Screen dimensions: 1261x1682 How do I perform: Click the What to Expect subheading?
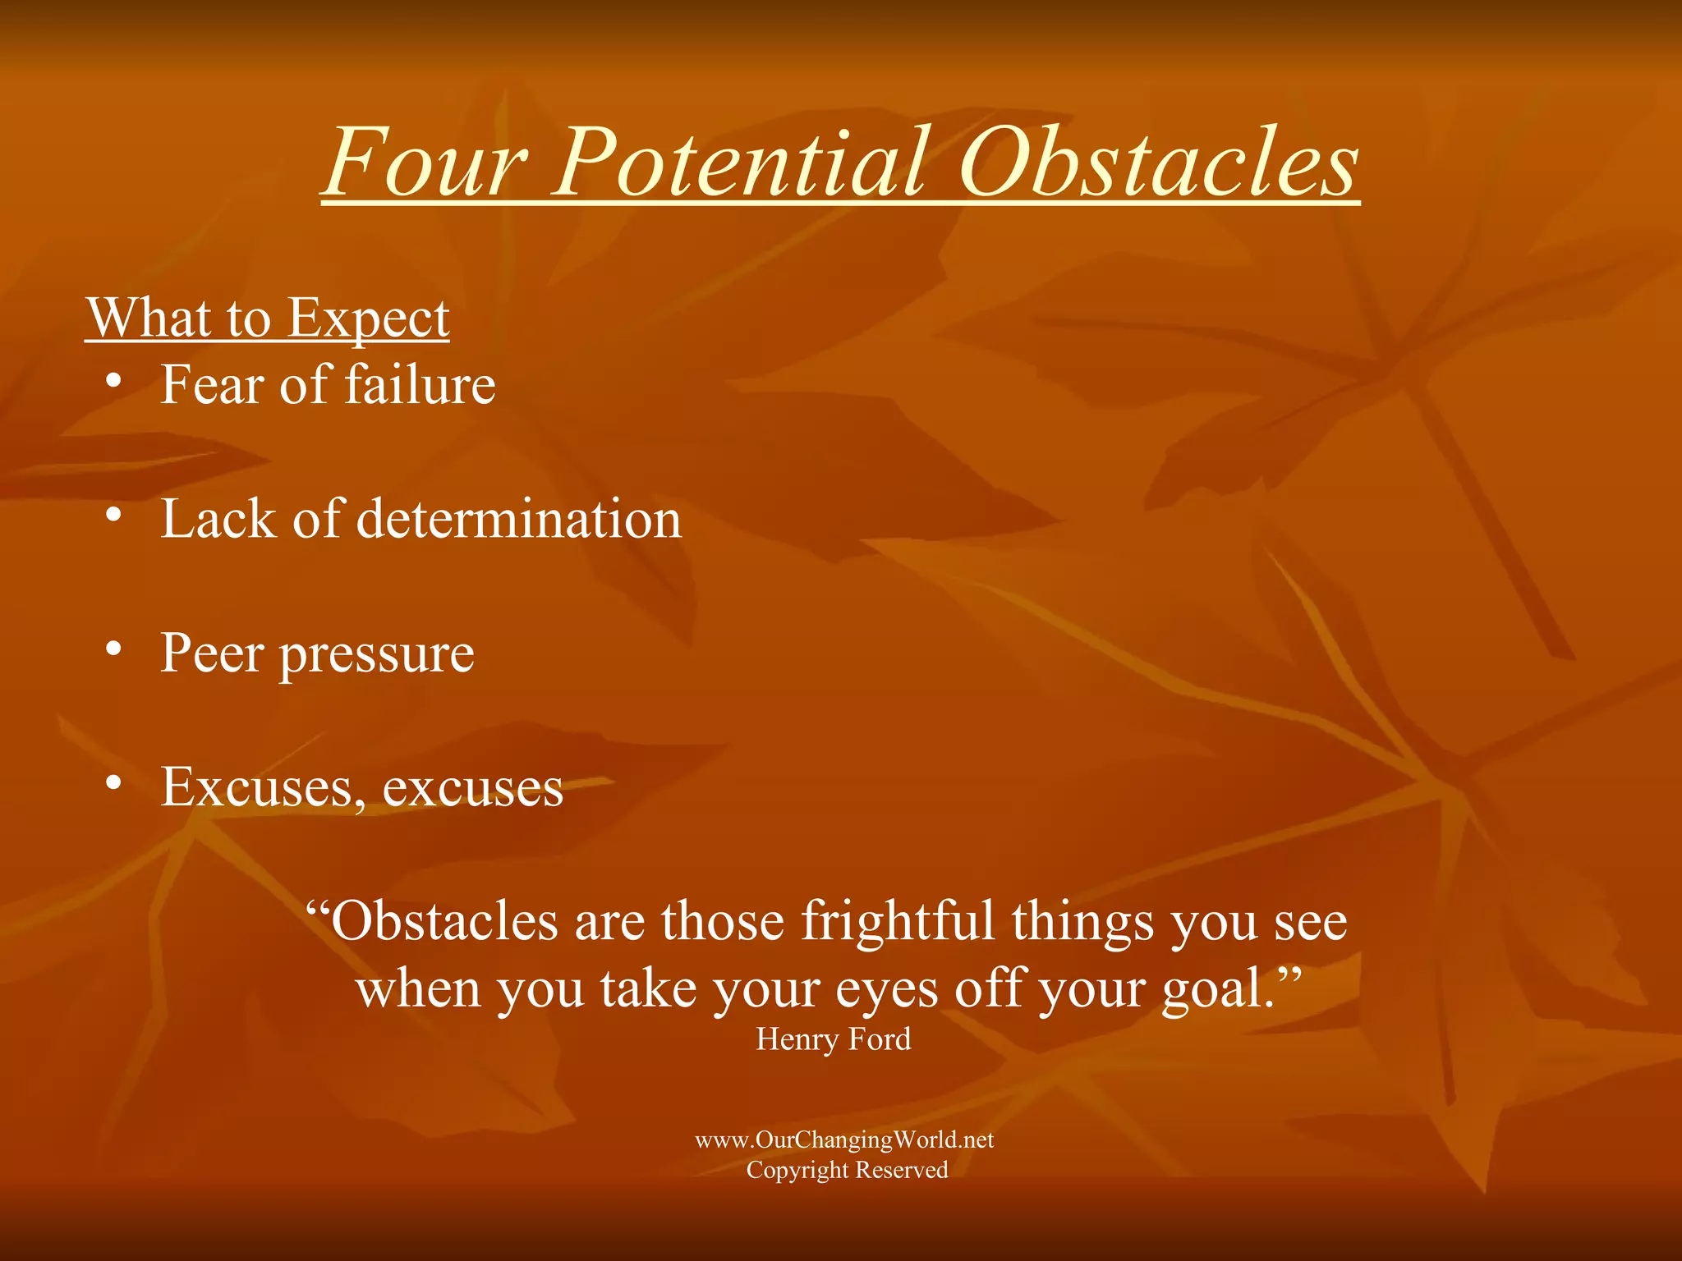coord(268,318)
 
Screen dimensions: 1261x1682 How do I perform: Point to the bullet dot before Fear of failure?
coord(114,381)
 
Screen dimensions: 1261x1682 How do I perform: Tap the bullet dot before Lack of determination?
coord(114,515)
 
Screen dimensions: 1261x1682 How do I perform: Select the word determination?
coord(518,519)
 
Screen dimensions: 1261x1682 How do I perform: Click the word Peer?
coord(213,653)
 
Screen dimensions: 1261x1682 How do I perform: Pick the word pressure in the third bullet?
coord(377,657)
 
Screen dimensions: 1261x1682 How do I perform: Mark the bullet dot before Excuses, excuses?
coord(114,782)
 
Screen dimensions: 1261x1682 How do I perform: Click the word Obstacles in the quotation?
coord(443,921)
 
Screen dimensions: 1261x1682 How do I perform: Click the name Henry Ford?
coord(833,1040)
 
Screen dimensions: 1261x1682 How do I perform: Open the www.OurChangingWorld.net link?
coord(844,1139)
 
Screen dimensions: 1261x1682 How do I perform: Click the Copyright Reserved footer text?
coord(847,1170)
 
